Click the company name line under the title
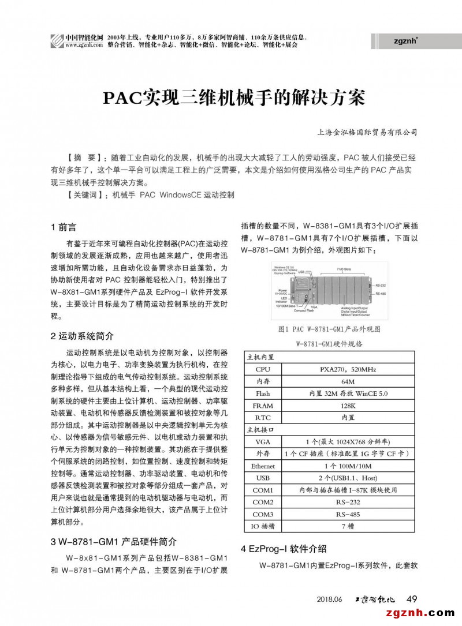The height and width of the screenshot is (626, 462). pos(367,132)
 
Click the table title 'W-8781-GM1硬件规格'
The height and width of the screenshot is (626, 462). pos(329,344)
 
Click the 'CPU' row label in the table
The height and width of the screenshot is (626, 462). pos(263,369)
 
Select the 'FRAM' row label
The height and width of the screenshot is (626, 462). pos(263,406)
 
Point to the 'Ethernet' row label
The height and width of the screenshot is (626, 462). pos(263,466)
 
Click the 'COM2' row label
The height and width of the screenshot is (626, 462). pos(263,502)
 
